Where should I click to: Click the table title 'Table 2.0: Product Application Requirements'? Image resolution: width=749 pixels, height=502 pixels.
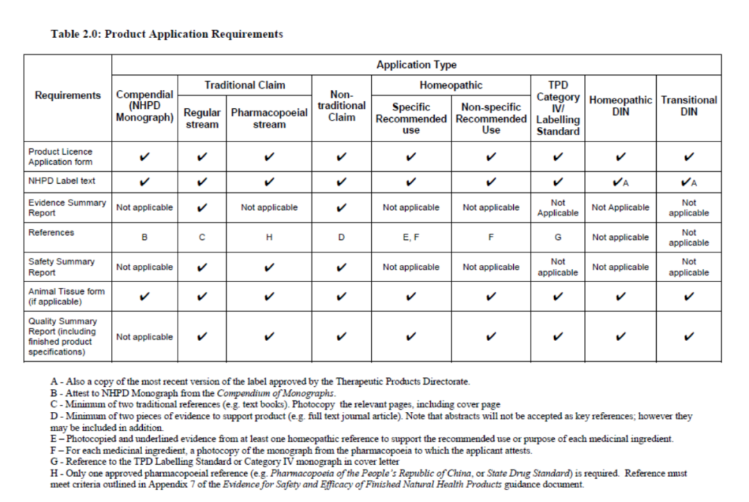coord(166,34)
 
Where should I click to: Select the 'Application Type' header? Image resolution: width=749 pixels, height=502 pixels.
coord(416,64)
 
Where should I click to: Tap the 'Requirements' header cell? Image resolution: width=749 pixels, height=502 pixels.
coord(68,95)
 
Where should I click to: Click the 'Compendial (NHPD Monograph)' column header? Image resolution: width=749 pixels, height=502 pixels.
coord(144,106)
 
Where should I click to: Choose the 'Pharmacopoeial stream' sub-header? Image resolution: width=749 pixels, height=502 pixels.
coord(269,118)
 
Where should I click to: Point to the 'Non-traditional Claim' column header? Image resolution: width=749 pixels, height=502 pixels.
coord(341,106)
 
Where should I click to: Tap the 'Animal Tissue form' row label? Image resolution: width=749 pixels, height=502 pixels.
coord(67,296)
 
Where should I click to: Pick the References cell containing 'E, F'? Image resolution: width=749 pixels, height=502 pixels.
coord(411,237)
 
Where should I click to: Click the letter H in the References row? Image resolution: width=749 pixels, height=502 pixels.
coord(269,237)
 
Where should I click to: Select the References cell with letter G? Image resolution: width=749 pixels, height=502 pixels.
coord(558,237)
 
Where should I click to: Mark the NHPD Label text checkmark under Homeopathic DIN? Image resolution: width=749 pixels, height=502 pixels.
coord(620,182)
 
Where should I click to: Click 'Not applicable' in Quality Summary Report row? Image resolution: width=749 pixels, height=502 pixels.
coord(144,337)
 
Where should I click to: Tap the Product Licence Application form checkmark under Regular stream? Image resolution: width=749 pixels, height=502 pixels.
coord(202,157)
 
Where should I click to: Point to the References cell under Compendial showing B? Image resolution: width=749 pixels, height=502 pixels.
coord(144,237)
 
